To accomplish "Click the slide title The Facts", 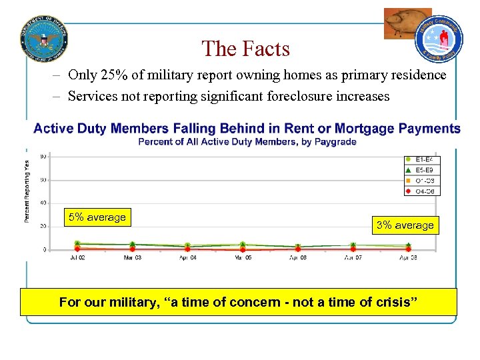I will click(x=245, y=49).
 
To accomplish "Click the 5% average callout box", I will click(x=97, y=217).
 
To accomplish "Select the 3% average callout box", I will click(x=405, y=225).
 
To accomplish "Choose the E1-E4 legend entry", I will click(x=424, y=160).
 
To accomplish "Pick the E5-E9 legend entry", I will click(x=424, y=171).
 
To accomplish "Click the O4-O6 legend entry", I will click(x=424, y=191).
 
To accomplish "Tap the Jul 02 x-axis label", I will click(x=77, y=257).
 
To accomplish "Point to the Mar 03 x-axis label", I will click(x=133, y=257).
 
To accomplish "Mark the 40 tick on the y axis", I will click(x=43, y=203).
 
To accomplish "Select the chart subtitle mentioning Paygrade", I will click(x=247, y=141).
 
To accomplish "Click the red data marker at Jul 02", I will click(x=77, y=249).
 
